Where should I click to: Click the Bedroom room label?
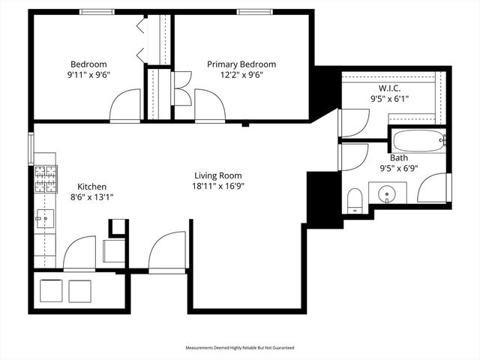pos(88,64)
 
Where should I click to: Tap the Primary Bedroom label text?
pos(241,64)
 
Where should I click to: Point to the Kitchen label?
pos(92,187)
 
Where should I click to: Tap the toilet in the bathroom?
pos(355,200)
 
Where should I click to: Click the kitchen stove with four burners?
pos(46,178)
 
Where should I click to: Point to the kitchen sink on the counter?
pos(40,218)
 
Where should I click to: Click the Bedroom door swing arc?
pos(124,106)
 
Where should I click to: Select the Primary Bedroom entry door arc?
pos(209,106)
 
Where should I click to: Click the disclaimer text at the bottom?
pos(240,348)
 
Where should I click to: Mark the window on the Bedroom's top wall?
pos(97,11)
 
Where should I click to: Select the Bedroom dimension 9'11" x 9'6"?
pos(88,74)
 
